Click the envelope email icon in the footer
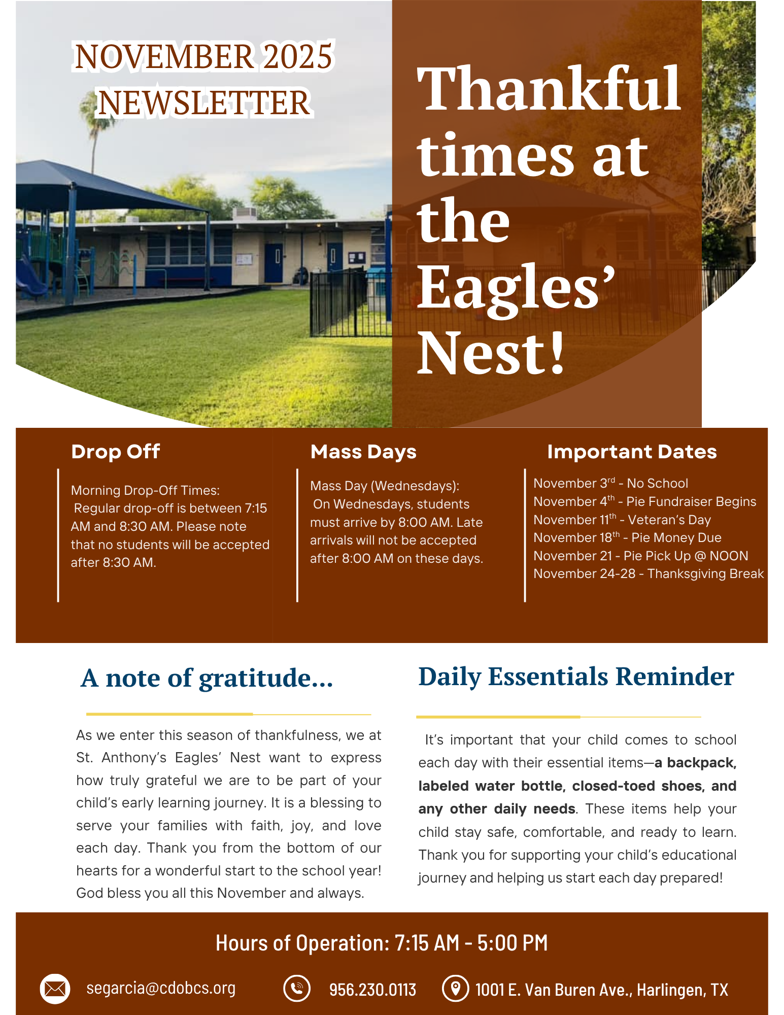click(55, 989)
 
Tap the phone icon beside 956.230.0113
click(297, 989)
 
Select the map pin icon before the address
click(455, 989)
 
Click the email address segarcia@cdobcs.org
click(161, 988)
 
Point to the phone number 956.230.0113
click(372, 990)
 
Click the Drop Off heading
click(116, 452)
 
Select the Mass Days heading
click(363, 452)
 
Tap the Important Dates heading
click(632, 452)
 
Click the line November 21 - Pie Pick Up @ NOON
click(640, 556)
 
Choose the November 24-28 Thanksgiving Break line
click(648, 574)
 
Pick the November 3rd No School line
click(610, 484)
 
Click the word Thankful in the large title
click(548, 89)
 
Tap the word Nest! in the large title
click(491, 352)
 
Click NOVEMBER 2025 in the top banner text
click(203, 56)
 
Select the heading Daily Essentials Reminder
click(576, 676)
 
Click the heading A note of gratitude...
click(207, 678)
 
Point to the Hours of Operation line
click(382, 943)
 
